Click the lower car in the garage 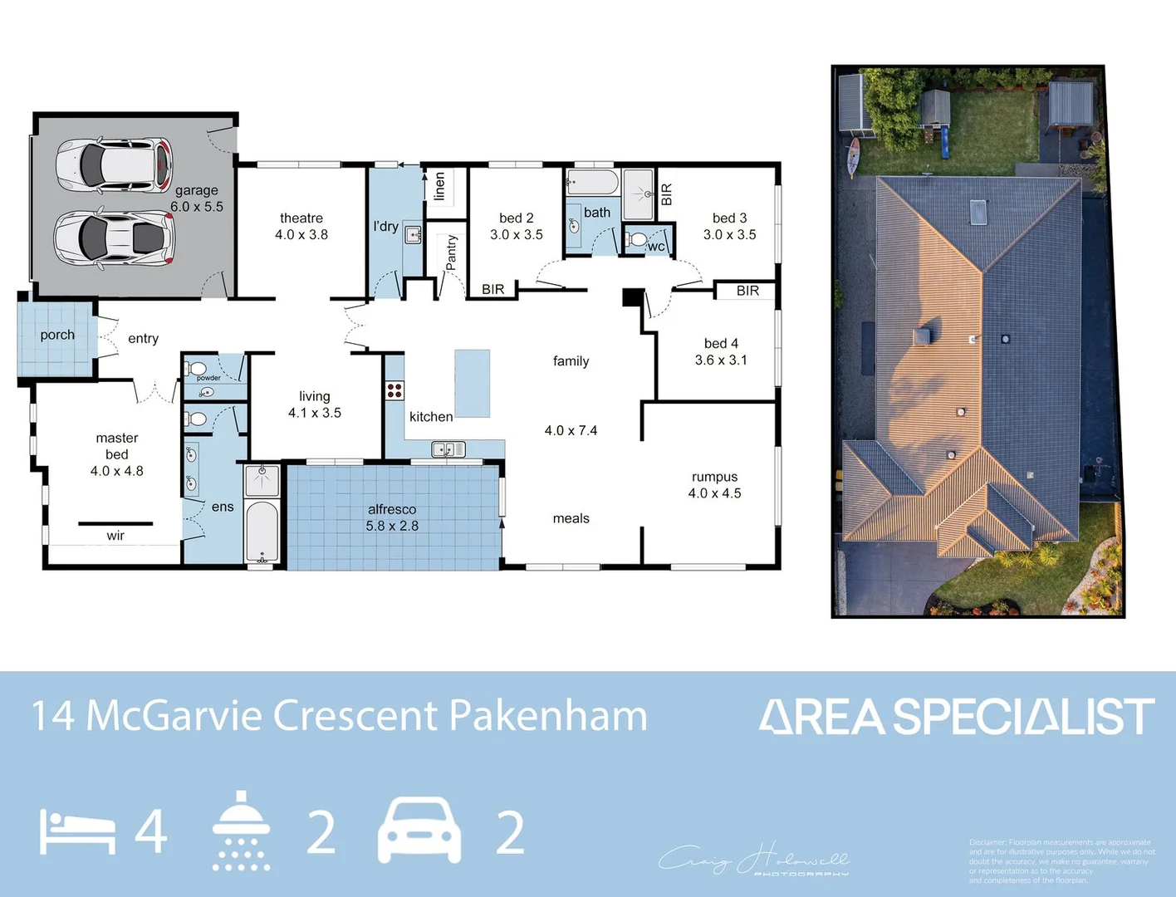(114, 238)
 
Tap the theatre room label (301, 218)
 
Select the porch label (57, 335)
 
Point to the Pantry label (451, 252)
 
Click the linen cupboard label (439, 186)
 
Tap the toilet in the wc (637, 240)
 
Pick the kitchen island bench (472, 383)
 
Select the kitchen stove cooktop (394, 390)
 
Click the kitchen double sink (448, 449)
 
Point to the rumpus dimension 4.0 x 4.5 (714, 493)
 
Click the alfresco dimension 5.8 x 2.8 (392, 526)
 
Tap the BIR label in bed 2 (492, 289)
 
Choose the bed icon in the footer (77, 833)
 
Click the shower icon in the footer (241, 831)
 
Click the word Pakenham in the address (548, 716)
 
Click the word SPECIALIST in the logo (1023, 717)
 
